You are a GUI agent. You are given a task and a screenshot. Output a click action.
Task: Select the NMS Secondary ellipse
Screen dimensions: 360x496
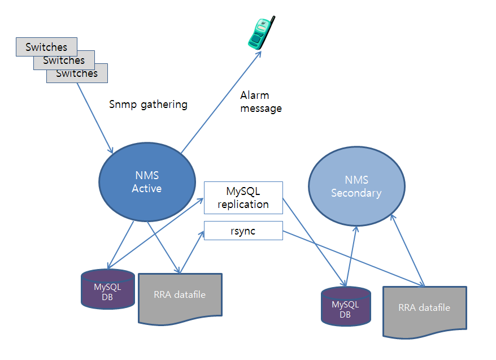point(356,186)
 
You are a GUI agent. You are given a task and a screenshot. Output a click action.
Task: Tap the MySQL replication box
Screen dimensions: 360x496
point(243,198)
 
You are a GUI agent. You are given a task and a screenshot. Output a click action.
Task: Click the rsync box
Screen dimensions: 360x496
point(243,231)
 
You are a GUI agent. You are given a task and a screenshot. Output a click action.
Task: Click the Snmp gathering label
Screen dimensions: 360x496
point(148,105)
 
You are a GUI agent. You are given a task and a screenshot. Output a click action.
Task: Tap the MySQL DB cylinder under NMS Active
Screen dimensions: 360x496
point(107,290)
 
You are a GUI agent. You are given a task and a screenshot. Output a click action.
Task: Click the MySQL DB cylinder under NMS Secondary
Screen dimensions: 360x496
point(346,307)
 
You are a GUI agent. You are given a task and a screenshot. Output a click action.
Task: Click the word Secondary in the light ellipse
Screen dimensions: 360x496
point(356,193)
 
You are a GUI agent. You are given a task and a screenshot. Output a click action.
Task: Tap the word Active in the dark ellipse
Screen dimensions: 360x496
point(146,188)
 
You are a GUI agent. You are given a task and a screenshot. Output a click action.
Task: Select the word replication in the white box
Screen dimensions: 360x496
point(243,204)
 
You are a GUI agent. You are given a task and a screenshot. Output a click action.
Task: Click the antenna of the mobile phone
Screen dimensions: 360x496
point(272,21)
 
